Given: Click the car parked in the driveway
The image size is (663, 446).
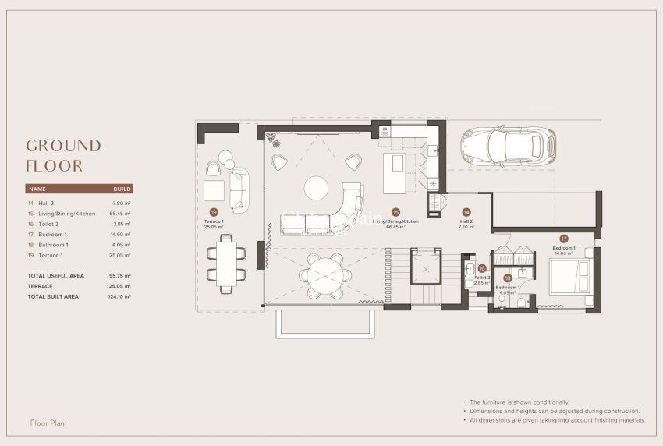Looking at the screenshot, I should point(509,145).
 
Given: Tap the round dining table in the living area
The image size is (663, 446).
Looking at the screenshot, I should point(323,275).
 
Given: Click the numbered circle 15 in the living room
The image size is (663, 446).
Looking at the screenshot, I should point(395,211).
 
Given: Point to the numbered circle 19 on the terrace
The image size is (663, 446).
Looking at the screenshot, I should point(214,211).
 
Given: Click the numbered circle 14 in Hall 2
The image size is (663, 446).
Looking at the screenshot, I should point(466,211).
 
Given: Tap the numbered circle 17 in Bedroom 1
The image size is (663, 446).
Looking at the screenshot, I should point(564,239).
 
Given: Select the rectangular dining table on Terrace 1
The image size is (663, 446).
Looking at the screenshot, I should point(225,264).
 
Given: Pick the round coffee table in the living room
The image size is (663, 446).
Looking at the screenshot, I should point(317,188).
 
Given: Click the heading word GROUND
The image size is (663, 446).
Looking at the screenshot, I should point(63,146).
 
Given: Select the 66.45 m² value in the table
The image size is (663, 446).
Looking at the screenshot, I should point(121,213).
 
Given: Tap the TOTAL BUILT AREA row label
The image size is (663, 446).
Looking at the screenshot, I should point(53,296).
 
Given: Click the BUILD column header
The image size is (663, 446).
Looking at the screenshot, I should point(122,189).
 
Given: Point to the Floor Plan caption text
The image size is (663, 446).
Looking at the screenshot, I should point(47,423).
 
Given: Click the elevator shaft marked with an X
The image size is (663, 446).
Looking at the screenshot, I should point(427,269).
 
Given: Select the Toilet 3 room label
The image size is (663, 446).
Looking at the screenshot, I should point(481,278).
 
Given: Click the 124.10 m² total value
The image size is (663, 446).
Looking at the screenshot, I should point(119,296).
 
